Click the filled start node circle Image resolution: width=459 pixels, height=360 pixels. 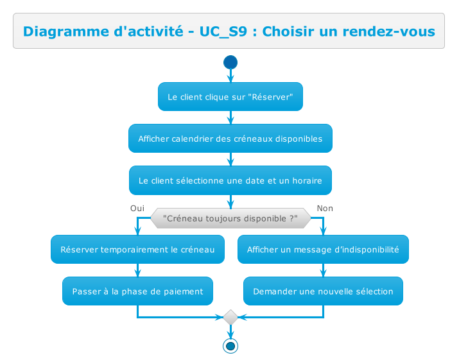click(230, 62)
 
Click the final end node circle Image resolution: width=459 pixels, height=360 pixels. click(230, 346)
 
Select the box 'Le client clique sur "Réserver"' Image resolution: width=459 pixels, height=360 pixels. click(230, 97)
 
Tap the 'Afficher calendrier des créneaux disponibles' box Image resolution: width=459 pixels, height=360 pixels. click(230, 139)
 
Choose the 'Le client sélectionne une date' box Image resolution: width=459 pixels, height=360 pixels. click(230, 180)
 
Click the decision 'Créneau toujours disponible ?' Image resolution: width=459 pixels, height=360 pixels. click(230, 219)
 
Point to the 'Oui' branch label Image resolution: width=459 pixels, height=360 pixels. click(137, 209)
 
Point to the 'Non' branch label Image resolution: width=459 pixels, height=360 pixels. click(325, 209)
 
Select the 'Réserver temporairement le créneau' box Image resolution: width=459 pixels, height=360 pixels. click(137, 250)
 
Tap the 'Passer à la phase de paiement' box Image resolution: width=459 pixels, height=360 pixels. click(137, 291)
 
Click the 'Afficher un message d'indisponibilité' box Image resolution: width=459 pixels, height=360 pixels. click(323, 250)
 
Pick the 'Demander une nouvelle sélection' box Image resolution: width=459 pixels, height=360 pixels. click(323, 291)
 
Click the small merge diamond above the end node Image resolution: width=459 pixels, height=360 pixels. click(230, 317)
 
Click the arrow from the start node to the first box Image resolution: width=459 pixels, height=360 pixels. click(230, 76)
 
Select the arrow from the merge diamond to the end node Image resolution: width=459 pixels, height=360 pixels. click(230, 331)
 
